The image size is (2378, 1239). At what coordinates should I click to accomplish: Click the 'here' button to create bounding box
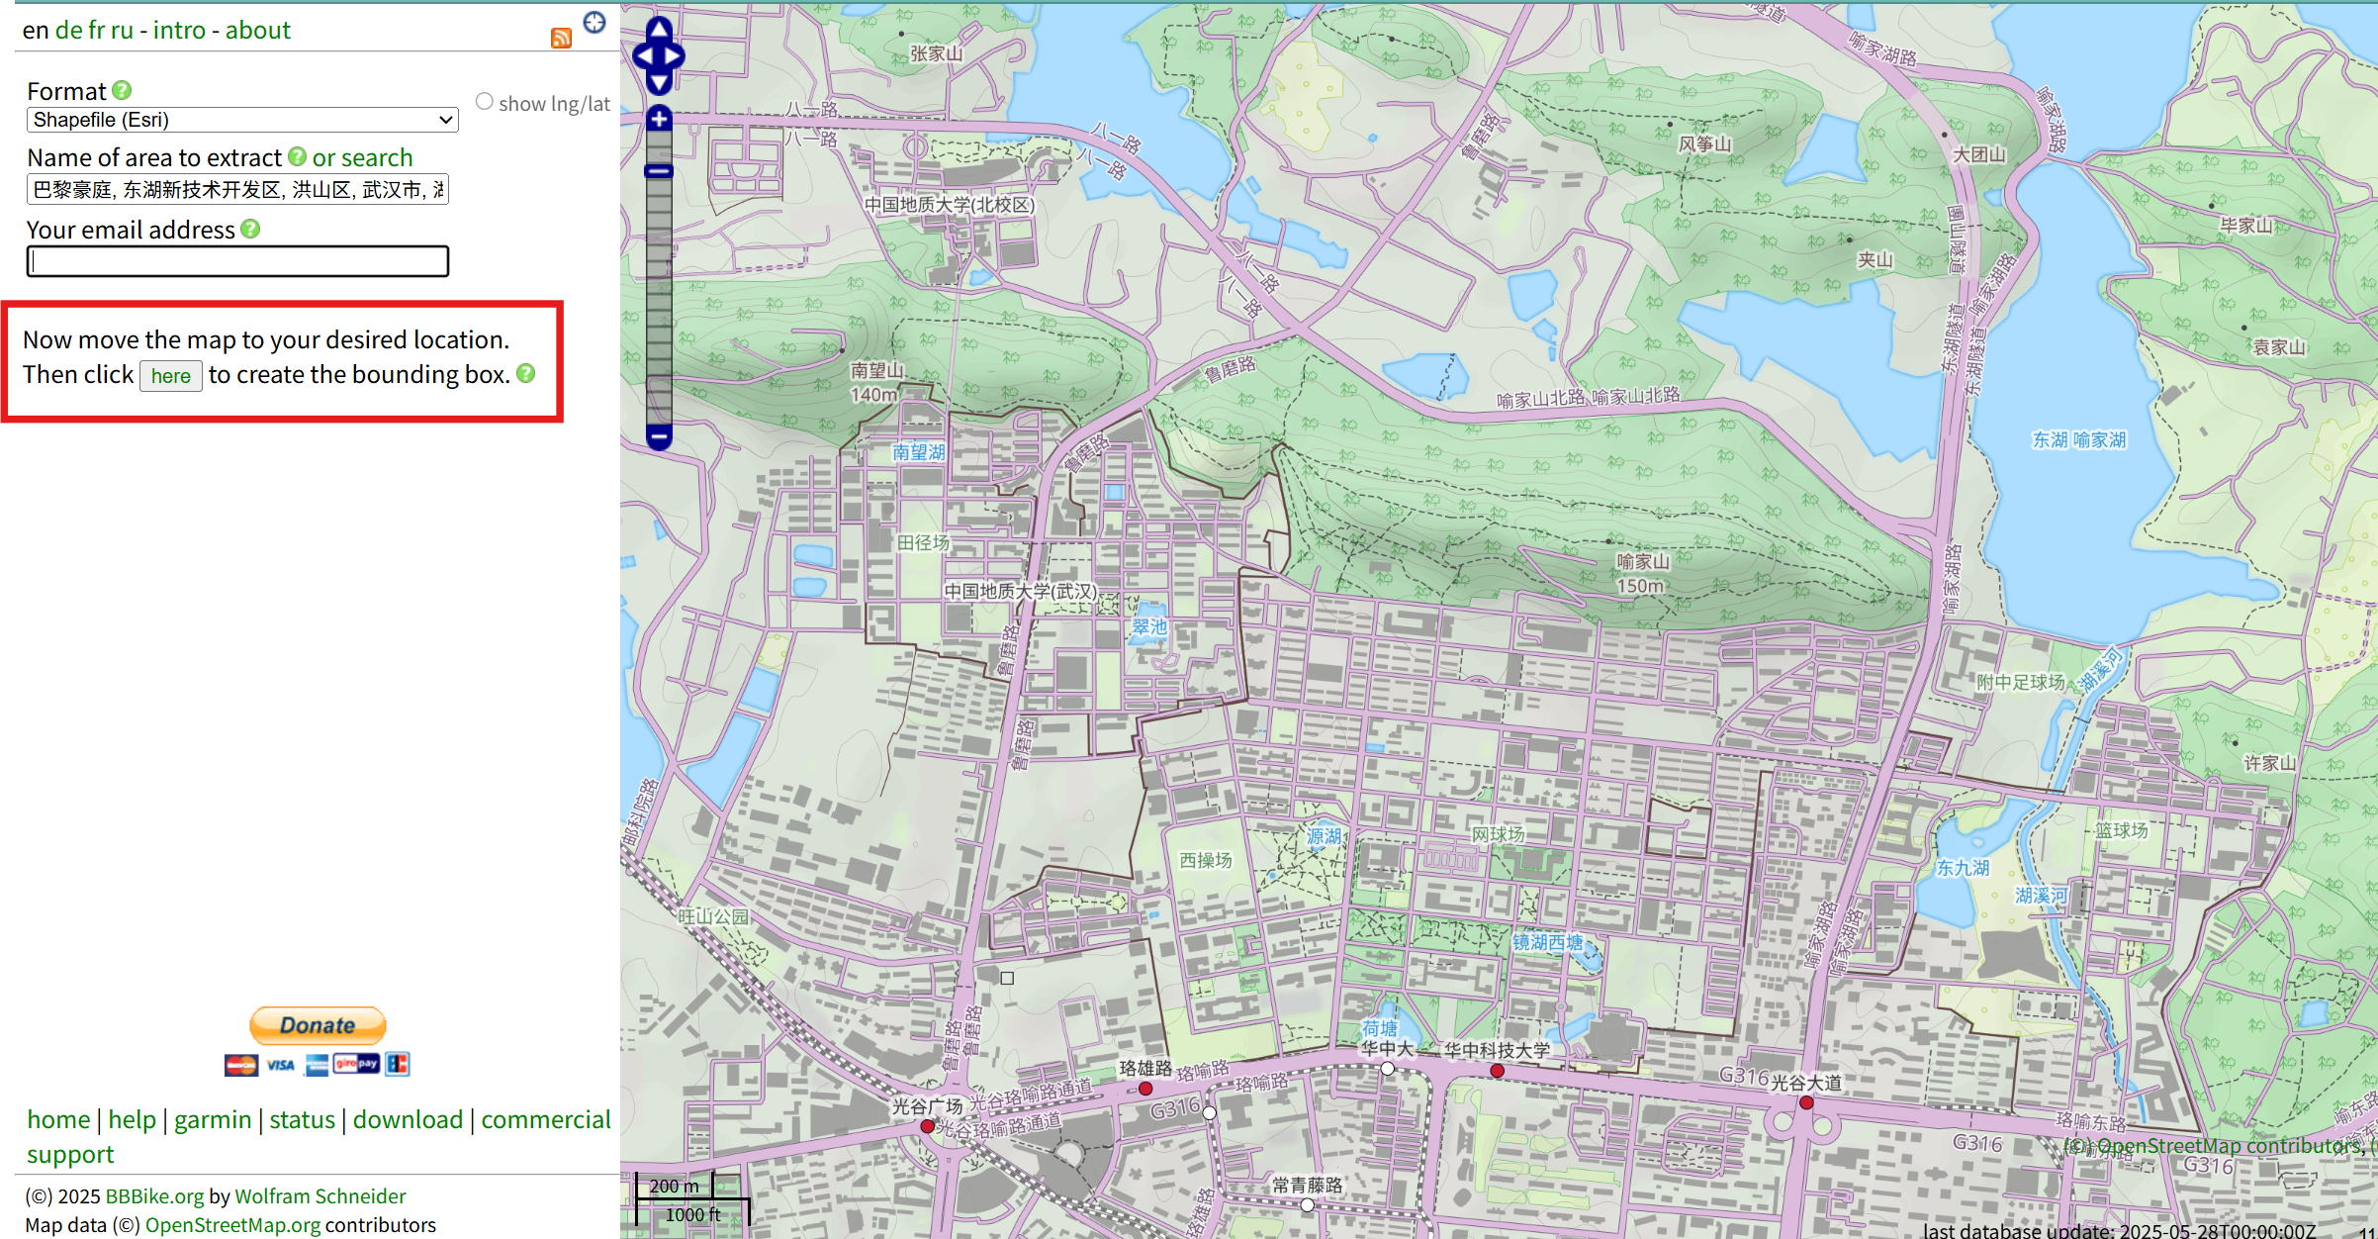170,376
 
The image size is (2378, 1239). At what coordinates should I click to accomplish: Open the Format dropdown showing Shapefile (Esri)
242,120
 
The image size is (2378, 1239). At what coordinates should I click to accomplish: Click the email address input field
238,261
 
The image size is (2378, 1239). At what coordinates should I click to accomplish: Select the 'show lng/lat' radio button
485,102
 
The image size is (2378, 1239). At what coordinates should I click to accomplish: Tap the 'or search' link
362,158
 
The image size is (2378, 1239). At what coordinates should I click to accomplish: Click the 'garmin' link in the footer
213,1119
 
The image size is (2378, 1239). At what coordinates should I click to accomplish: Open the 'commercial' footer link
545,1119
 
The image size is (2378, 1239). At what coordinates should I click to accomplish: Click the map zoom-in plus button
659,120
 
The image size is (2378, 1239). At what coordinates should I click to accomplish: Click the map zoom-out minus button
659,435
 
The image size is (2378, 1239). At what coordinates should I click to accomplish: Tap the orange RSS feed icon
561,39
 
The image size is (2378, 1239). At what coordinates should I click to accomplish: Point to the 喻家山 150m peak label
1642,573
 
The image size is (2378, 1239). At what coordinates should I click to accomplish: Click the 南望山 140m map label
876,382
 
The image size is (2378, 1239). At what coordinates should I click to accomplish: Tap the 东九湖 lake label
1963,868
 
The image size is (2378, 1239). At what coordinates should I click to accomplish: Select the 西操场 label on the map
1206,860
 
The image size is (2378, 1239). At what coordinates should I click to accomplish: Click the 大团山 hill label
1978,154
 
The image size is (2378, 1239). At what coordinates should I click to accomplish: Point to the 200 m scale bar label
675,1186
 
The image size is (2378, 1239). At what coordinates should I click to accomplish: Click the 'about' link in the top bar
257,31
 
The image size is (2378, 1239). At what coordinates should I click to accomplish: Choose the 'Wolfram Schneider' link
320,1196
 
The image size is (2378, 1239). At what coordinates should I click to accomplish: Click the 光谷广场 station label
927,1106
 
